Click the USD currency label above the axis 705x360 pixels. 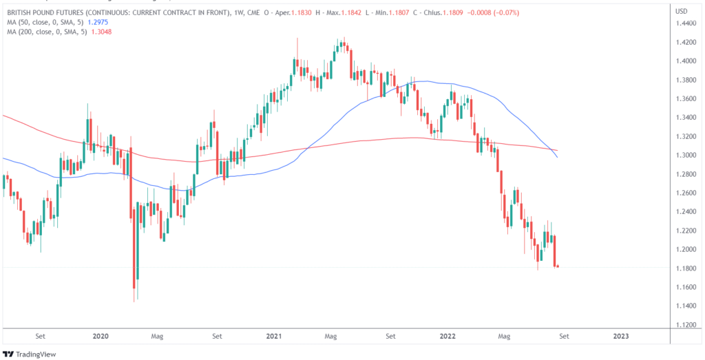point(682,11)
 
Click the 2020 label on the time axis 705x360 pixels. point(101,337)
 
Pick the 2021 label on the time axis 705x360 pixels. point(274,337)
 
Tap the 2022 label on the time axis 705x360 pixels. point(448,337)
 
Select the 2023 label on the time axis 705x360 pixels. point(620,337)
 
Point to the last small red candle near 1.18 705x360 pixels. point(557,266)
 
